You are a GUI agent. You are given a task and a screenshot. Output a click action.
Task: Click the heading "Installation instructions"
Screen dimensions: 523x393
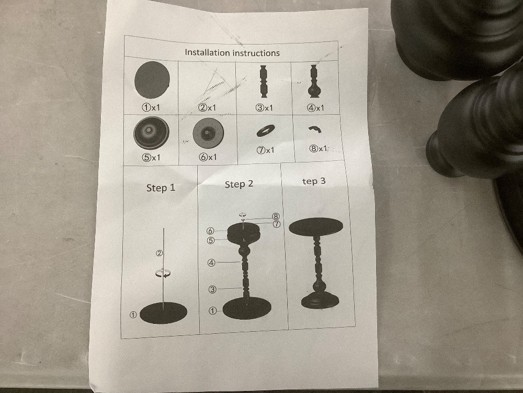tap(232, 52)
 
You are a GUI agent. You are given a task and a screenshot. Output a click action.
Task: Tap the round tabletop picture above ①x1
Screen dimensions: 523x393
tap(152, 80)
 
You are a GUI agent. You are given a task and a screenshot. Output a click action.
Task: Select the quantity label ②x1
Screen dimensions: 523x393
tap(207, 107)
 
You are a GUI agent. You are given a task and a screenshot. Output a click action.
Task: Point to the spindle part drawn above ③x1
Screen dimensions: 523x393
tap(264, 82)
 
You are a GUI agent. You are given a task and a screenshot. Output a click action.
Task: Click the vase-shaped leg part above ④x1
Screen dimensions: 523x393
tap(313, 81)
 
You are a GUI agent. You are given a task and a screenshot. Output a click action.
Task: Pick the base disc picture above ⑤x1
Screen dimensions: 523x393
tap(152, 133)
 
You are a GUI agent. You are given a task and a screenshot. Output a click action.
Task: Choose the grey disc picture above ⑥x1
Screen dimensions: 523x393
tap(208, 133)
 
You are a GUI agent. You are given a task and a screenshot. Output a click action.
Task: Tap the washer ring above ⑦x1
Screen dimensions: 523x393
tap(266, 130)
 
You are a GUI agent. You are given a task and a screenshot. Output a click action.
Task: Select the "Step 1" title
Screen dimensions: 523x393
tap(161, 188)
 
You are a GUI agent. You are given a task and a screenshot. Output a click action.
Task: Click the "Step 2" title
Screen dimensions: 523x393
tap(239, 184)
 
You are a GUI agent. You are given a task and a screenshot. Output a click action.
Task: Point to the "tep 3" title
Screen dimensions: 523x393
tap(313, 181)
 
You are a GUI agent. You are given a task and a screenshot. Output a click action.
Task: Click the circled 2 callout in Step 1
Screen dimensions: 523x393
tap(160, 253)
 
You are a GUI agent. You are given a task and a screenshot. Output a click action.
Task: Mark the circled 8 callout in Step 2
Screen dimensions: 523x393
tap(276, 216)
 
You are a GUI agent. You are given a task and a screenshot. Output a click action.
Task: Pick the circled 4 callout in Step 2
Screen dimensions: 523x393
tap(211, 263)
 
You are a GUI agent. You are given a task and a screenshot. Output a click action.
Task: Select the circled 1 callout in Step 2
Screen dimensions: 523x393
tap(212, 311)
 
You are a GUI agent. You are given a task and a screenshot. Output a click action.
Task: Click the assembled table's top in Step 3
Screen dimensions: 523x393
tap(315, 226)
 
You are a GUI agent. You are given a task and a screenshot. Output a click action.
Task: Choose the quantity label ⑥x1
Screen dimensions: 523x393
tap(208, 157)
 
